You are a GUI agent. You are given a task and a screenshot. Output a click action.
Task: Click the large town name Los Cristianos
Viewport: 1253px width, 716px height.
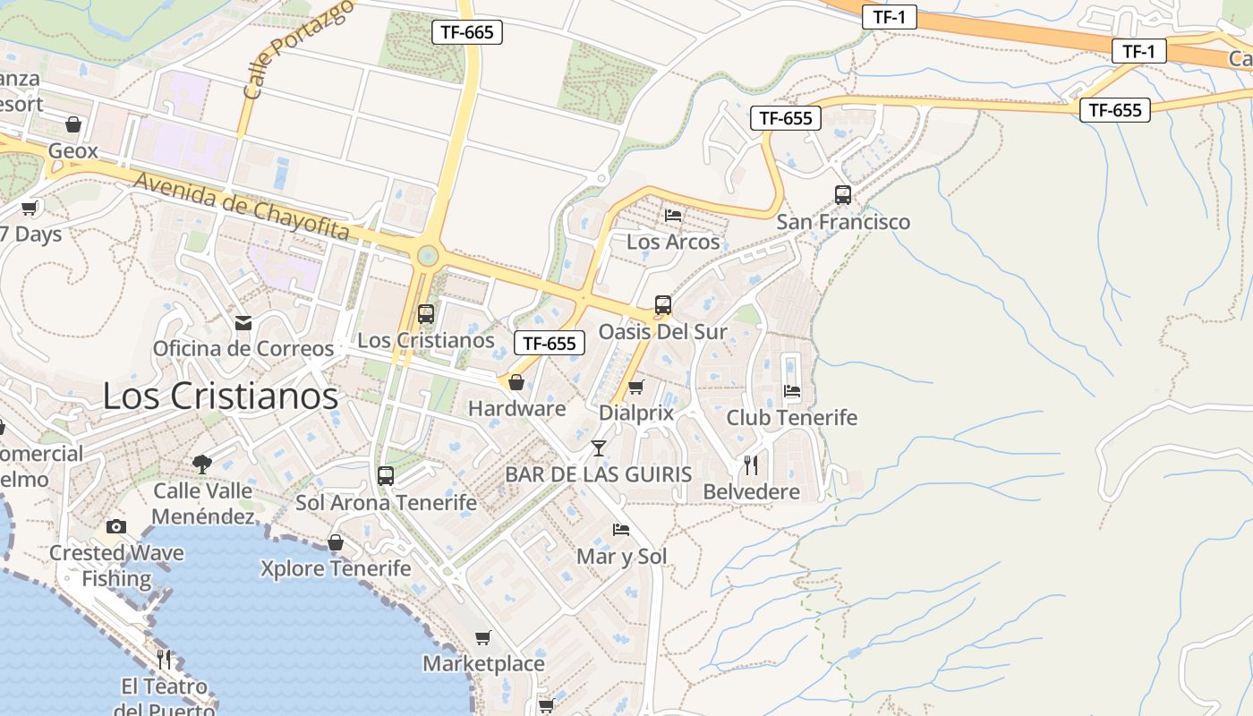click(x=220, y=396)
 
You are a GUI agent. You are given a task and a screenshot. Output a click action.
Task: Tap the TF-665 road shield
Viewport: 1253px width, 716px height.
click(x=467, y=32)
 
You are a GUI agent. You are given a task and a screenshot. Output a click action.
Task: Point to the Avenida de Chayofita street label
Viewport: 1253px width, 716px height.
click(x=242, y=207)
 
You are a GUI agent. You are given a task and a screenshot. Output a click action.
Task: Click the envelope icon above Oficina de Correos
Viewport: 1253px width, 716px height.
click(x=243, y=323)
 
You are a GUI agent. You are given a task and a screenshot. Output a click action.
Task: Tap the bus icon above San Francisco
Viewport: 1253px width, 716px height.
click(x=842, y=194)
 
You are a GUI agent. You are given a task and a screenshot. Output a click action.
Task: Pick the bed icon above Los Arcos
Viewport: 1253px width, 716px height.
click(x=673, y=215)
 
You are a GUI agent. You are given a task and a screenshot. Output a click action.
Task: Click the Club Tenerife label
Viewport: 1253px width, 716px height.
click(x=791, y=417)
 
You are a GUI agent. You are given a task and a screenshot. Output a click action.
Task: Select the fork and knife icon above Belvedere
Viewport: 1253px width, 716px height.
click(x=750, y=465)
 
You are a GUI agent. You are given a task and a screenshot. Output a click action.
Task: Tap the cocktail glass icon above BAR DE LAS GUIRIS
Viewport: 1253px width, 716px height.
click(x=599, y=447)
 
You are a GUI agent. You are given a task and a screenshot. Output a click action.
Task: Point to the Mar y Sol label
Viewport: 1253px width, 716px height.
click(x=621, y=557)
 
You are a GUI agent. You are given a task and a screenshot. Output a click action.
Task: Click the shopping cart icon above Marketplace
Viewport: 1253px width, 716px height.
click(x=483, y=637)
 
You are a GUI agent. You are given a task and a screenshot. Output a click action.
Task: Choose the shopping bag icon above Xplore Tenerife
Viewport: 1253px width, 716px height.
click(x=336, y=542)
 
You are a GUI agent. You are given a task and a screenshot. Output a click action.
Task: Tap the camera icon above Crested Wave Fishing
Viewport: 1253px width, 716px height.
click(x=116, y=526)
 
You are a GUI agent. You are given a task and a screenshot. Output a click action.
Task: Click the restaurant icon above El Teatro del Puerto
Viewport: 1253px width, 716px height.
click(x=164, y=660)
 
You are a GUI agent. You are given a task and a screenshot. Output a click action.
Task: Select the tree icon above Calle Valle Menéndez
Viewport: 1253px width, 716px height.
click(x=202, y=464)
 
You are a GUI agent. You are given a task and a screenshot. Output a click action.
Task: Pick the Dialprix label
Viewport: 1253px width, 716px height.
click(x=635, y=413)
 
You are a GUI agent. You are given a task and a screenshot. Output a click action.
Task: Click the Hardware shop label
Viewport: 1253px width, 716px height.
click(x=517, y=409)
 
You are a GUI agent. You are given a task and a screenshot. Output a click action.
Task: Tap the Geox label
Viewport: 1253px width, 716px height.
click(x=72, y=150)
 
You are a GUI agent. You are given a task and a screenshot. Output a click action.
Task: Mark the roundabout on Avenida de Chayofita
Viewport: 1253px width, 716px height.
click(x=427, y=257)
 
